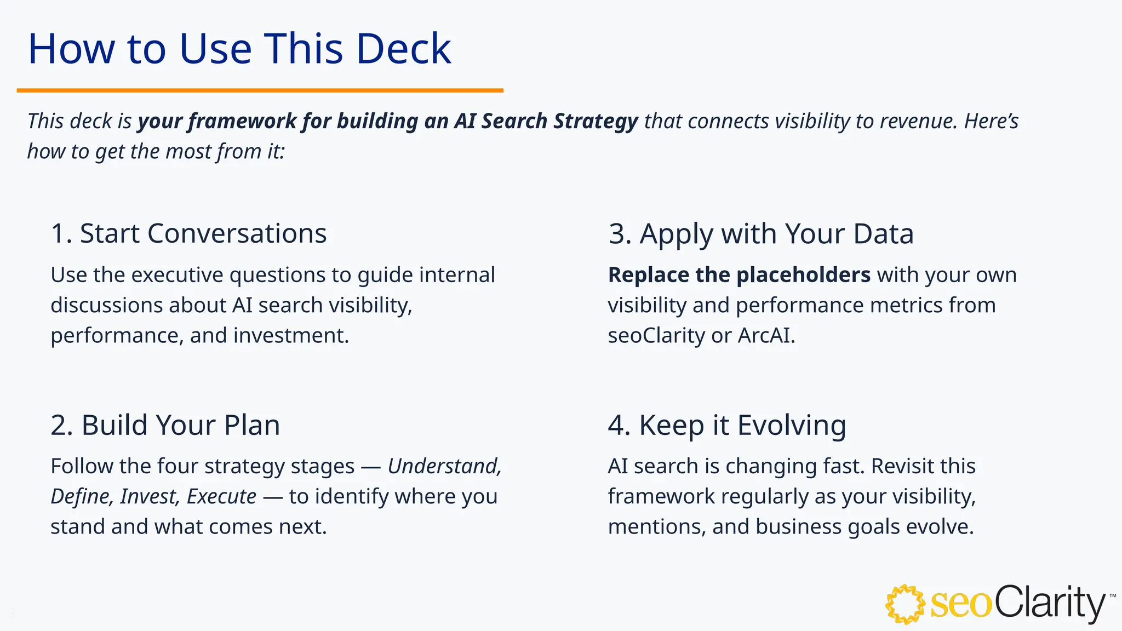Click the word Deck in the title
(x=403, y=49)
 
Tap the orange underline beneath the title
(x=260, y=90)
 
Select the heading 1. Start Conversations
(x=188, y=233)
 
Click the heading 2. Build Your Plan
(x=165, y=425)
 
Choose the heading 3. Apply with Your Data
(x=760, y=233)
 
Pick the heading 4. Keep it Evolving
(x=726, y=425)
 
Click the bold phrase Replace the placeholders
(x=739, y=275)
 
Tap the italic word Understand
(x=444, y=466)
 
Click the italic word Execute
(x=221, y=496)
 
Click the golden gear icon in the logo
(x=905, y=604)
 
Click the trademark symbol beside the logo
(x=1112, y=596)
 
